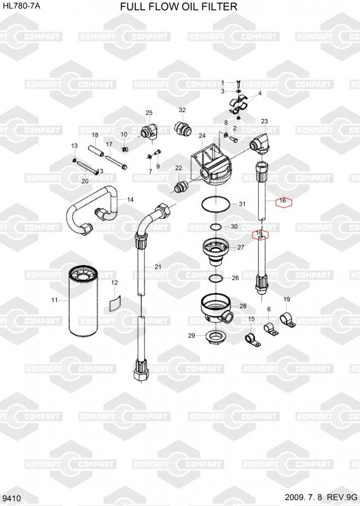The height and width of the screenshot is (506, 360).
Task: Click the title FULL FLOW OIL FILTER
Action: pos(178,6)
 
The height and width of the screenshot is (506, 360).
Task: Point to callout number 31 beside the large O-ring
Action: pos(242,204)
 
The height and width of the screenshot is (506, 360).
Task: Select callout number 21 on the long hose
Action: pos(158,267)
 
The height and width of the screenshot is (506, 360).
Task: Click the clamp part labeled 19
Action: pos(287,319)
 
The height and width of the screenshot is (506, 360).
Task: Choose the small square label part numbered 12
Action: pos(115,303)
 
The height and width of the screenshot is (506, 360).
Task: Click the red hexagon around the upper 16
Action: pos(283,202)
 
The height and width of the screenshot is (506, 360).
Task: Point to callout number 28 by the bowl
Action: pos(243,306)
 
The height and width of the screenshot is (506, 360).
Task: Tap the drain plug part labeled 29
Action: pos(213,337)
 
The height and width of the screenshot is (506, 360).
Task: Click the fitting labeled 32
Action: pos(183,128)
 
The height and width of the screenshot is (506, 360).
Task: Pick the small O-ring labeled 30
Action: pos(216,227)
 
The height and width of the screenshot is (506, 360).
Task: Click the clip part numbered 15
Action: pos(252,340)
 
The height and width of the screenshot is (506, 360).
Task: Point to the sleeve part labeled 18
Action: pos(96,151)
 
